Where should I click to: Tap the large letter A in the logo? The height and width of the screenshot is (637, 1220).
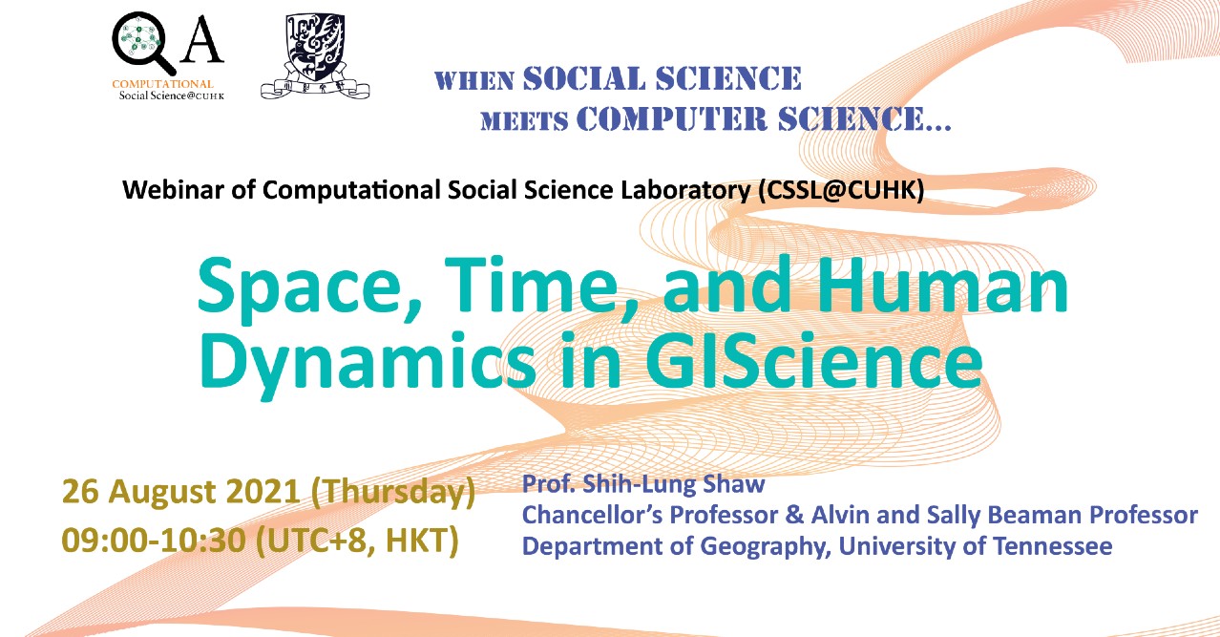coord(202,38)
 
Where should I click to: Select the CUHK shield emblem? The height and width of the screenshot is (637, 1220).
coord(315,55)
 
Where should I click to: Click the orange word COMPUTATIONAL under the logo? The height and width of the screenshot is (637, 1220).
coord(162,84)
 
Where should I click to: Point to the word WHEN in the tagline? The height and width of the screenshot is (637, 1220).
coord(474,81)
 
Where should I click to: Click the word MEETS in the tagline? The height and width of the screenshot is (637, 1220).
coord(524,121)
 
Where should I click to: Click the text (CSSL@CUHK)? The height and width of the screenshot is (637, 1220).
coord(841,190)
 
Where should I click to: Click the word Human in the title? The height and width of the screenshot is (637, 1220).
coord(941,285)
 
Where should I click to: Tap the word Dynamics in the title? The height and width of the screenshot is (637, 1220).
coord(368,363)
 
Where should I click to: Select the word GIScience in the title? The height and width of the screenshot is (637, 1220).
coord(815,360)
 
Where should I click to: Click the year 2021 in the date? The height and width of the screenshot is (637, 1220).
coord(263,491)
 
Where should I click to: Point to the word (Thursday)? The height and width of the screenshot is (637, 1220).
coord(393,493)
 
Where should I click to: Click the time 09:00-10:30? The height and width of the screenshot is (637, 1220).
coord(154,541)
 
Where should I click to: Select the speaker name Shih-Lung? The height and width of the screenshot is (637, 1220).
coord(640,484)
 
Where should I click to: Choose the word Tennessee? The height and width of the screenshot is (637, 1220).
coord(1052,546)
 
